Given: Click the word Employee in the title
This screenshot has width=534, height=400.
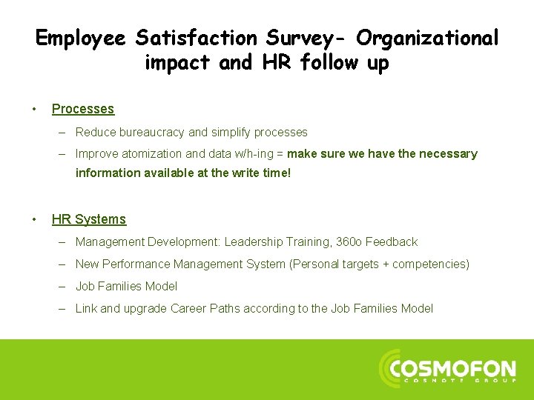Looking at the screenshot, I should [x=81, y=38].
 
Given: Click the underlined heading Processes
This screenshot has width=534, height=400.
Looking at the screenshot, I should [x=83, y=109].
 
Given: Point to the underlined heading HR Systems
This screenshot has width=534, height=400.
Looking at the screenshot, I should [x=89, y=219].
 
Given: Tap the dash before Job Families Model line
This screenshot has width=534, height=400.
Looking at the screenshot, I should [x=65, y=287].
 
